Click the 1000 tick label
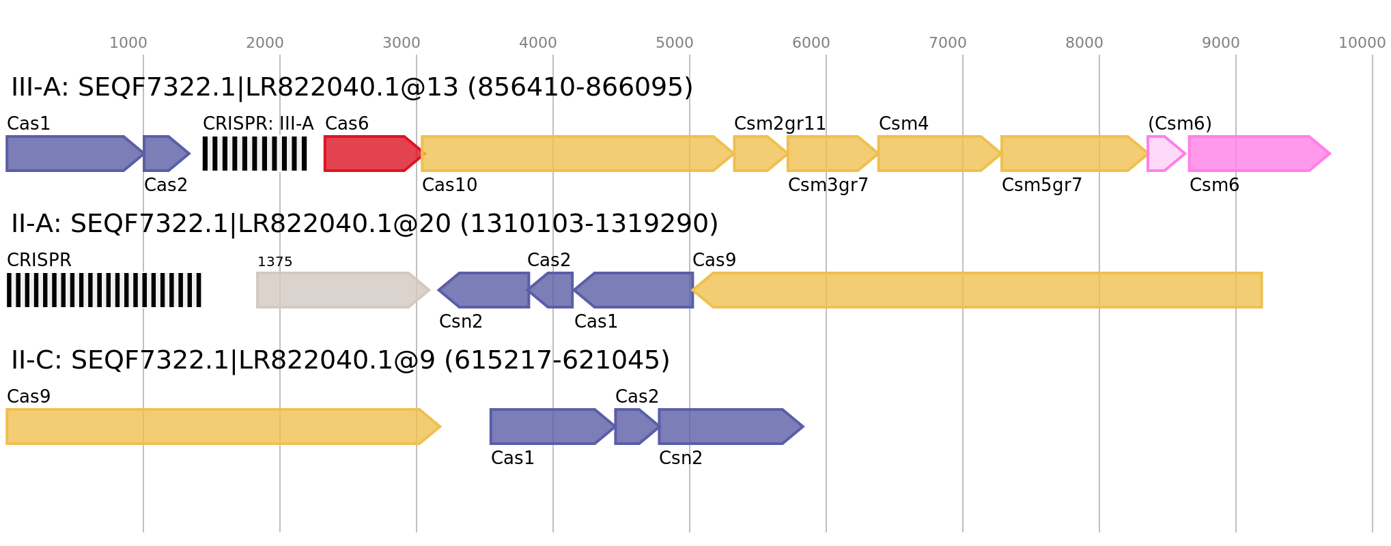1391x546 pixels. (x=128, y=43)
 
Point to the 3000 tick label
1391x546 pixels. (x=402, y=43)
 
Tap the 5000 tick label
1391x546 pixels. (x=675, y=43)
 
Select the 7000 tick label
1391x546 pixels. (x=948, y=43)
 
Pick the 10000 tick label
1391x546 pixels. (x=1362, y=43)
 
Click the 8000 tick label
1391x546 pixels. (x=1084, y=43)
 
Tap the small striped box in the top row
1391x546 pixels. (x=255, y=154)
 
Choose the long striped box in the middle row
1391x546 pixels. (x=104, y=290)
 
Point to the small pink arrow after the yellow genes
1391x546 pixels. (x=1165, y=154)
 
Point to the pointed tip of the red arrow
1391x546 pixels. (x=425, y=154)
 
